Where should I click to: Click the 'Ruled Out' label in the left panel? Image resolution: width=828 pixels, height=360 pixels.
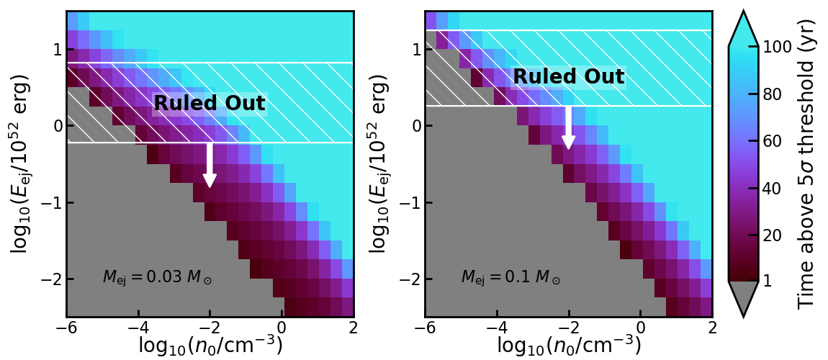pos(210,104)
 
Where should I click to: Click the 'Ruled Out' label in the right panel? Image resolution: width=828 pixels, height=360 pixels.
pos(569,76)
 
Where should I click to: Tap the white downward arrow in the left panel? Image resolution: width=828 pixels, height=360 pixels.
pos(210,165)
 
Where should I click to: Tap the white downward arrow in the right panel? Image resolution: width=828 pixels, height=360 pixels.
pos(568,127)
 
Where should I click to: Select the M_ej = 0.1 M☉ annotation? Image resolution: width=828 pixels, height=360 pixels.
pos(511,276)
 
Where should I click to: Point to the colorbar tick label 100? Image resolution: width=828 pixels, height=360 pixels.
pos(778,47)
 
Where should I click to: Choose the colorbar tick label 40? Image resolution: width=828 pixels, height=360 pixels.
pos(774,189)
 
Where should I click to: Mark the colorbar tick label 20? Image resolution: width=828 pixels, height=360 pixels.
pos(774,236)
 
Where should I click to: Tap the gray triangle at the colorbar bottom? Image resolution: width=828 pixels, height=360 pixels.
pos(744,296)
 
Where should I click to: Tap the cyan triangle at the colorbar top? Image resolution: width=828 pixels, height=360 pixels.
pos(744,29)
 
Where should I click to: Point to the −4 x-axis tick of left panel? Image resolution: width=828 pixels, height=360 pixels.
pos(138,327)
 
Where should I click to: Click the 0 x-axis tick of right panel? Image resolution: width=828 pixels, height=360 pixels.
pos(641,327)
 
